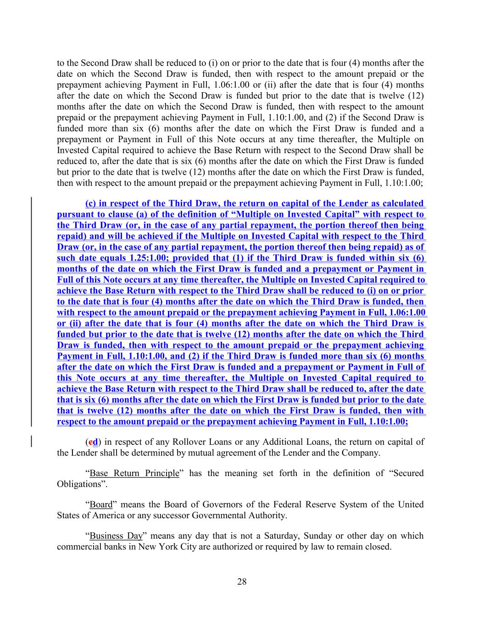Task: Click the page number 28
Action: pyautogui.click(x=242, y=582)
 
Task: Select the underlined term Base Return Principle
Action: pyautogui.click(x=134, y=473)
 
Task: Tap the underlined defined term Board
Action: pyautogui.click(x=101, y=504)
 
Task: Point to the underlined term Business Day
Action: pyautogui.click(x=116, y=536)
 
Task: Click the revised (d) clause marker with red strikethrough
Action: pyautogui.click(x=94, y=442)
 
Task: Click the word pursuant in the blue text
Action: pyautogui.click(x=75, y=214)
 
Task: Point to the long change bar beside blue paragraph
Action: pyautogui.click(x=31, y=312)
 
